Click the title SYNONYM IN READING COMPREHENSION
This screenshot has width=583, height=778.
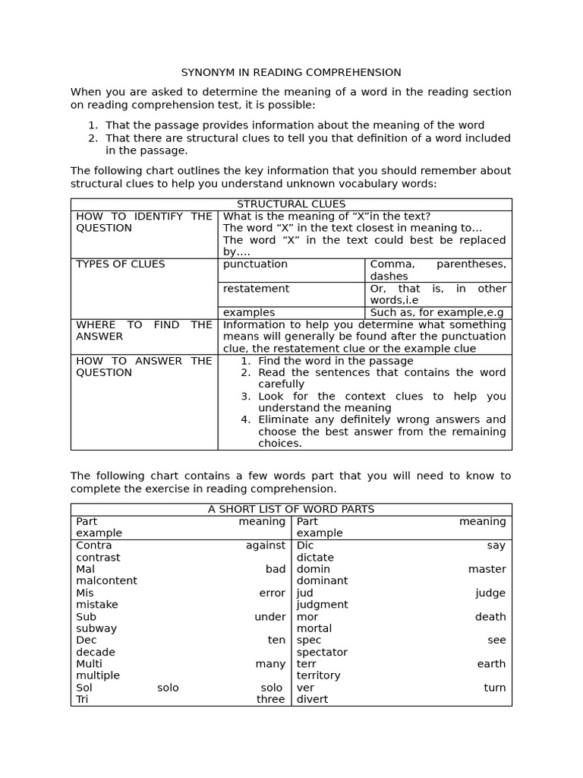click(291, 73)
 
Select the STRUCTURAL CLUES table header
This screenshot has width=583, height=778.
click(291, 204)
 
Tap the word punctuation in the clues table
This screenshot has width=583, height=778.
click(255, 264)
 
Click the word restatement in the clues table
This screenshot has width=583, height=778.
click(256, 289)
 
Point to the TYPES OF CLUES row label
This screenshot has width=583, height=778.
click(120, 264)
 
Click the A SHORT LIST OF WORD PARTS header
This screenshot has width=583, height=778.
click(291, 510)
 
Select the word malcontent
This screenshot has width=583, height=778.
click(106, 581)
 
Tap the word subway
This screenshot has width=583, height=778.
click(96, 629)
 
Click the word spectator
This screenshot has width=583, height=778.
click(322, 653)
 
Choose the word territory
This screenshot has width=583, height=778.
click(318, 676)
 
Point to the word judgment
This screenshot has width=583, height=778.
click(322, 606)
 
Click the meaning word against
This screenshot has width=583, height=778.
click(265, 546)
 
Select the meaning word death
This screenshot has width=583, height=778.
click(490, 617)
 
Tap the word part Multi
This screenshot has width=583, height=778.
click(89, 664)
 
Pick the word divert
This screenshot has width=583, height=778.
click(312, 700)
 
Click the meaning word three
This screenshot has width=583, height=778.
click(270, 700)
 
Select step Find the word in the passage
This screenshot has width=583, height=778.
click(336, 361)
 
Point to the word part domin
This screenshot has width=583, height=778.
click(313, 569)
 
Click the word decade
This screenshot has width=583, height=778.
click(96, 653)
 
